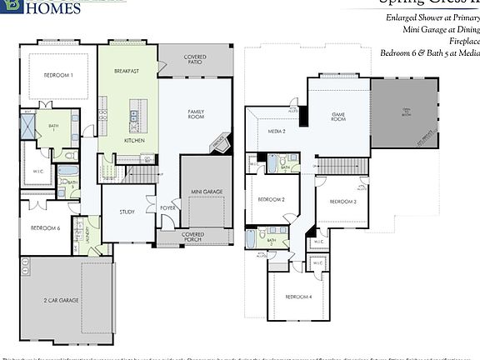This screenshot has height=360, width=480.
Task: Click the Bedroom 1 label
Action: click(x=58, y=75)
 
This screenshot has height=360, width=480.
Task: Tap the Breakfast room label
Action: click(x=127, y=72)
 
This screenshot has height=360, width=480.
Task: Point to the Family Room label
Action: click(x=197, y=115)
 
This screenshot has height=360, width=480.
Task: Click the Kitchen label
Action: click(x=134, y=141)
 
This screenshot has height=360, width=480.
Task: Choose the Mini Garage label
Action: click(x=207, y=192)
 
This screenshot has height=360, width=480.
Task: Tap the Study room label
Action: click(x=127, y=212)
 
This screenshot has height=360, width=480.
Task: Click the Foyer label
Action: click(x=167, y=207)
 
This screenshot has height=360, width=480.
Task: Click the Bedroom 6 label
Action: click(x=45, y=227)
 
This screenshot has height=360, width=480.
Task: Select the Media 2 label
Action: click(x=277, y=132)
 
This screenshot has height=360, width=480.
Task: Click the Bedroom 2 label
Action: click(x=272, y=200)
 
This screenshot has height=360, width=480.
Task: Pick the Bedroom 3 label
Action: click(x=342, y=202)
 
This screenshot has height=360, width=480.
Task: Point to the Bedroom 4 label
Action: click(x=298, y=297)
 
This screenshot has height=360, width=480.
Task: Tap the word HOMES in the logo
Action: click(x=53, y=8)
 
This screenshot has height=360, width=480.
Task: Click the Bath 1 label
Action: click(x=52, y=127)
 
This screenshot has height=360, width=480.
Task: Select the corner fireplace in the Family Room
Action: click(x=219, y=142)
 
